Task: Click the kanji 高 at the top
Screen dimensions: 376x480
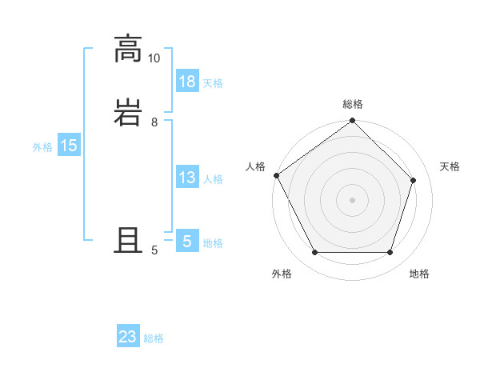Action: pos(128,49)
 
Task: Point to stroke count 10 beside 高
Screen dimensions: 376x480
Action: pos(154,58)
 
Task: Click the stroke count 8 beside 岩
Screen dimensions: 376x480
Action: pos(154,122)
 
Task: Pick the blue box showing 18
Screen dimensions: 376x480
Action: pos(187,82)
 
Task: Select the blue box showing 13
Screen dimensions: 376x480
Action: pos(187,178)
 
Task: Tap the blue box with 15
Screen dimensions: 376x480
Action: pos(69,146)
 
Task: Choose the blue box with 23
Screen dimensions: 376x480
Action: pos(128,337)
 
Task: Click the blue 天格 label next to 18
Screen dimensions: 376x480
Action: pos(213,83)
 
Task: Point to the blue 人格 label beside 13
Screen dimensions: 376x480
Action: pos(213,179)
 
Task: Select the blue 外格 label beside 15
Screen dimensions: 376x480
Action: pos(42,147)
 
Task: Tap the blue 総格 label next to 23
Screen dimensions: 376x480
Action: pos(154,338)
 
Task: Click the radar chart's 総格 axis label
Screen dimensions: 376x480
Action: pos(353,104)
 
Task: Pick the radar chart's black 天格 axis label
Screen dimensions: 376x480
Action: pos(450,166)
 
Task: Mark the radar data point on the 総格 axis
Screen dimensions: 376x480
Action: pos(353,122)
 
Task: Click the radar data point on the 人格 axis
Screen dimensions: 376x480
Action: pos(277,175)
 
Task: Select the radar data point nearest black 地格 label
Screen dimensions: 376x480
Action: pos(390,253)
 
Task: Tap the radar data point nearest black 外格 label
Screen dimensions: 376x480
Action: pos(314,253)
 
